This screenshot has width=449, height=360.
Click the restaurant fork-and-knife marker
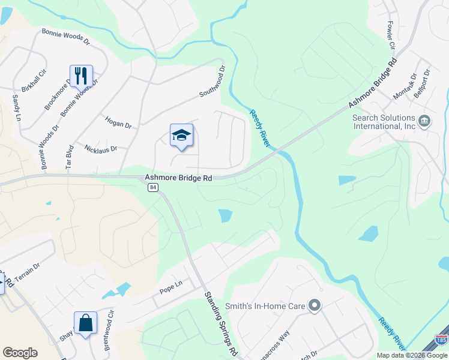coord(81,76)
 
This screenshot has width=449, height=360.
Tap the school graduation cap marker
coord(181,136)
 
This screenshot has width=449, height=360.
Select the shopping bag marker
coord(85,322)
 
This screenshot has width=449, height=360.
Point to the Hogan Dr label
coord(118,122)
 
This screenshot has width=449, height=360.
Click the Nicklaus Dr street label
coord(101,148)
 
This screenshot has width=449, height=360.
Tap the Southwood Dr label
coord(212,82)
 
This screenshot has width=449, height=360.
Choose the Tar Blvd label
coord(69,155)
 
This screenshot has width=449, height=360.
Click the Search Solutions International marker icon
coord(424,122)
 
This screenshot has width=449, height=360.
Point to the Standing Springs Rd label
coord(220,322)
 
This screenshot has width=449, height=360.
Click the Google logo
coord(20,353)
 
